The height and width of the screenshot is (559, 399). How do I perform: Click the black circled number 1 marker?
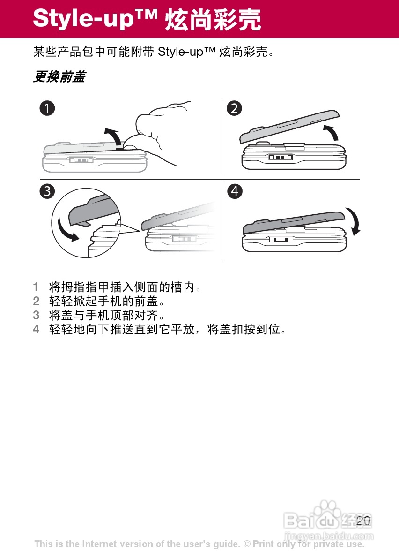47,108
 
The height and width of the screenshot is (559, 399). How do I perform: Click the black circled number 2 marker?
234,108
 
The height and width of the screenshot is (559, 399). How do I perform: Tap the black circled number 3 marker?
47,191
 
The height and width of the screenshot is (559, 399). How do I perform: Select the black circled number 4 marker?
235,191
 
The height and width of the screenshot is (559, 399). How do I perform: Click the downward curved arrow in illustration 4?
356,221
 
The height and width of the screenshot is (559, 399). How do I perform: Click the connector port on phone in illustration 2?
281,157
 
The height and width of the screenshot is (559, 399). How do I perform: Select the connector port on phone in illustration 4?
281,240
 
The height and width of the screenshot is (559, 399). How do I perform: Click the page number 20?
363,521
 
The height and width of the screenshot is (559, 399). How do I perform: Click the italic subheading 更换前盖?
59,76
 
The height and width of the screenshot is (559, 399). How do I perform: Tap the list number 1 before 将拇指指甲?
36,287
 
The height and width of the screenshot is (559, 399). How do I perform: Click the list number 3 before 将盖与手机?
36,315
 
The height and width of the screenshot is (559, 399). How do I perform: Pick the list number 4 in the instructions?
36,329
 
